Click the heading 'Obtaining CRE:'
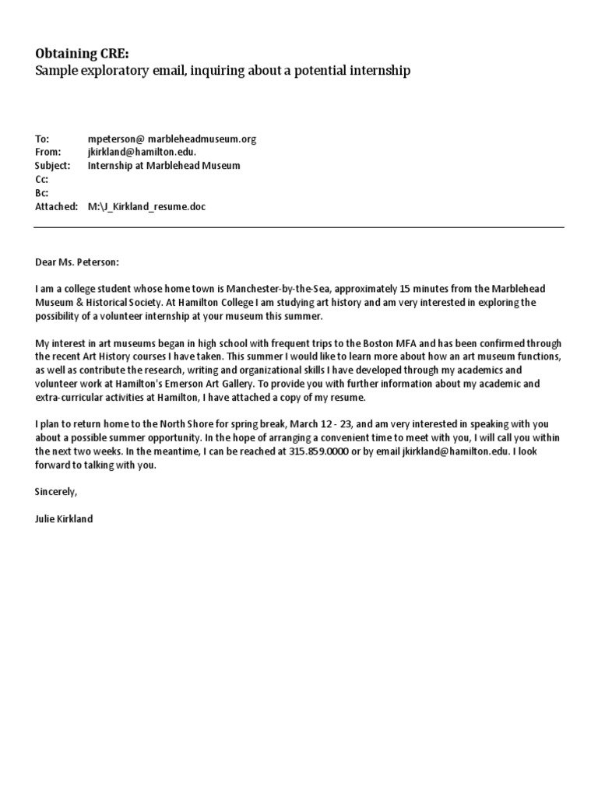83,53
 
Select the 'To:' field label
42,139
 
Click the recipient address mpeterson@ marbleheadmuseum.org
172,139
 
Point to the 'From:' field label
47,153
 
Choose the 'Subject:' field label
52,166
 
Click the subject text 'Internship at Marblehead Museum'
164,166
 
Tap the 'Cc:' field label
41,179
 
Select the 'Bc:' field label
41,192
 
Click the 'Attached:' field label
56,206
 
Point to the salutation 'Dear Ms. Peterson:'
78,263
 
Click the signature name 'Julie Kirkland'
64,518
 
